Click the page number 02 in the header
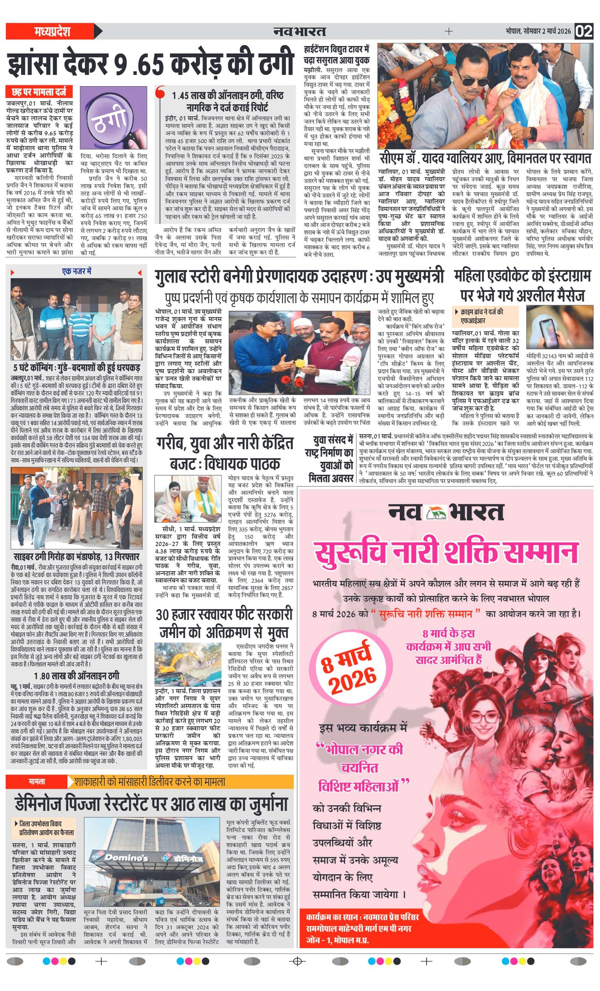[583, 31]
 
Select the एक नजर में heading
[76, 271]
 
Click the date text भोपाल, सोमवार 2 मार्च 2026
[538, 31]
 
